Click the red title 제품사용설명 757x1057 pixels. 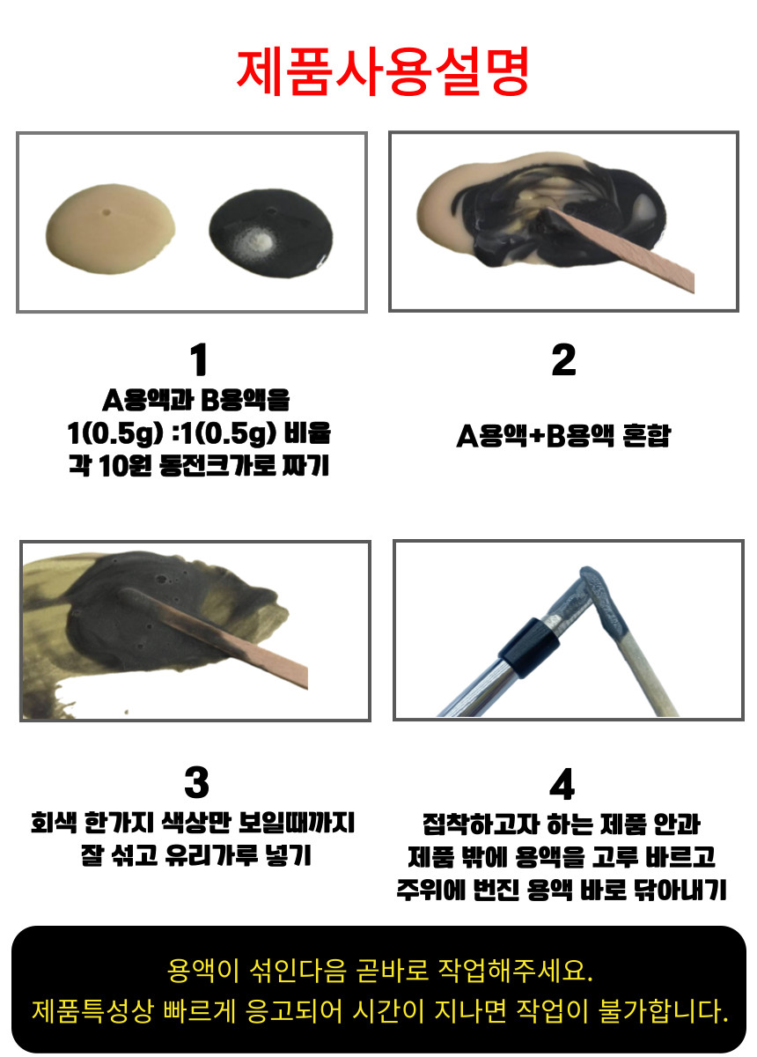coord(383,72)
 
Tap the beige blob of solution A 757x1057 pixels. coord(110,229)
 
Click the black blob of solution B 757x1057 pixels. coord(271,233)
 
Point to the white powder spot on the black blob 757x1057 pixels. coord(254,239)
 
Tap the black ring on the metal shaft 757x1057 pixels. coord(530,647)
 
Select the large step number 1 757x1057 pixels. coord(199,360)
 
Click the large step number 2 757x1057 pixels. coord(563,359)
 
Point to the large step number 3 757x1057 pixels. coord(196,782)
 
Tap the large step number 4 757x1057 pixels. coord(562,784)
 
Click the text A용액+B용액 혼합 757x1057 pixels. coord(563,435)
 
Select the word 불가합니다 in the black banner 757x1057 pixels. coord(664,1011)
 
